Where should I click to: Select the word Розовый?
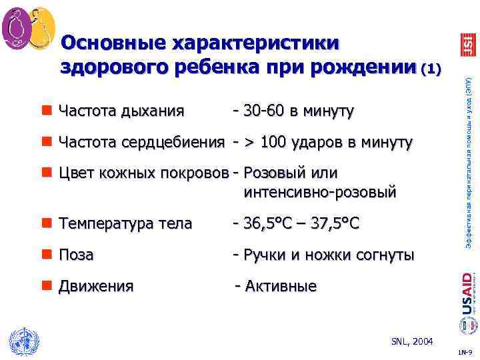click(275, 173)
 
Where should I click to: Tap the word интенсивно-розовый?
click(320, 193)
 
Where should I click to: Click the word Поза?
click(77, 255)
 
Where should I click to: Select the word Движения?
click(96, 287)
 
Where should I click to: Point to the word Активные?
click(281, 287)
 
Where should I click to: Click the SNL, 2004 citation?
click(412, 341)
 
